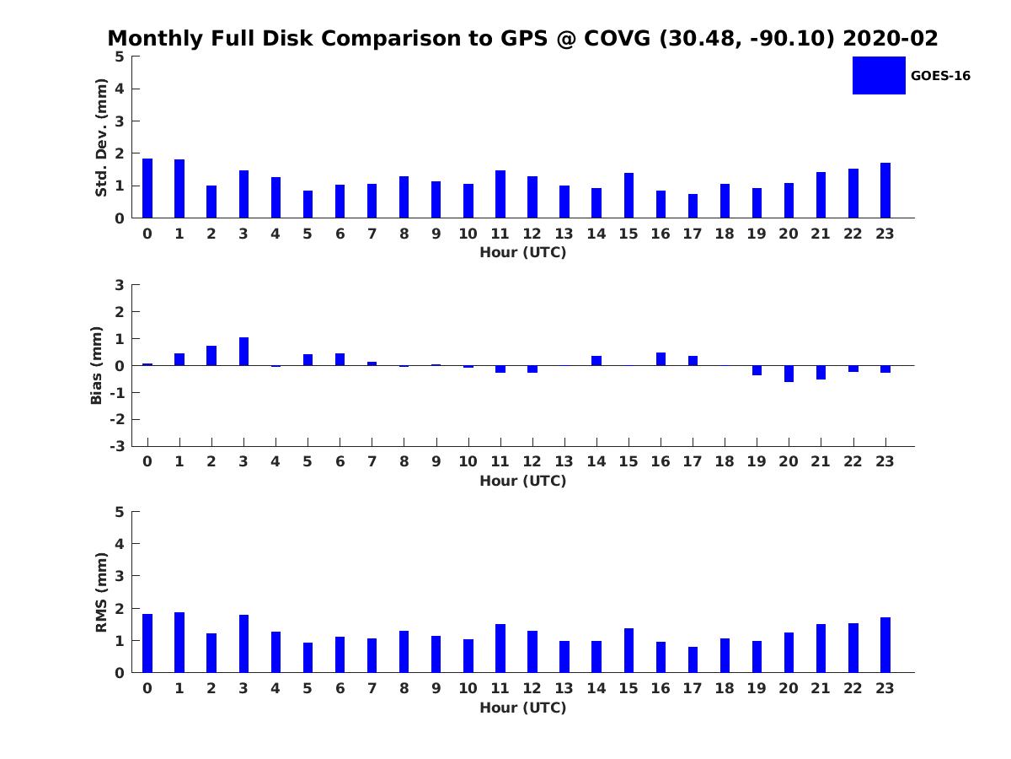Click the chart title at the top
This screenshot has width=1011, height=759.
point(522,39)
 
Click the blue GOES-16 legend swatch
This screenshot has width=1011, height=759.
point(878,75)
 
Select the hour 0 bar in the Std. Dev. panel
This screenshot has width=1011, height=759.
point(147,188)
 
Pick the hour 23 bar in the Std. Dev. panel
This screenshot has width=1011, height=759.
point(885,191)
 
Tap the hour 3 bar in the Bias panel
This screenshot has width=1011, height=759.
point(243,352)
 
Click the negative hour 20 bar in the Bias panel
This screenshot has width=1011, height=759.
point(789,374)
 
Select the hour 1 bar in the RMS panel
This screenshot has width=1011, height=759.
point(179,643)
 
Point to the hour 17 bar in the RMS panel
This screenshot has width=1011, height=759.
point(693,659)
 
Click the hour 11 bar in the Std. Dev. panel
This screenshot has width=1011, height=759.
point(500,194)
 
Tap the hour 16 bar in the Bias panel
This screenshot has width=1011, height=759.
point(661,359)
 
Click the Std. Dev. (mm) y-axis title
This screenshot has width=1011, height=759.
point(101,137)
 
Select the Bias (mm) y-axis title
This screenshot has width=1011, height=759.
point(97,365)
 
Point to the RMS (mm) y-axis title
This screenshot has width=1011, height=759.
point(101,592)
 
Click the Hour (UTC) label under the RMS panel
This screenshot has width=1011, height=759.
point(522,708)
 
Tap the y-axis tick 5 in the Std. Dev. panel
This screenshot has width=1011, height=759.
point(120,57)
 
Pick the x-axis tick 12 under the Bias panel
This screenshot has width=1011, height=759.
point(532,461)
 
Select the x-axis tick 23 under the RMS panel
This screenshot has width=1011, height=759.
point(885,688)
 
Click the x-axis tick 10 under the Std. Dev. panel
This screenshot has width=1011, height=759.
point(468,234)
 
